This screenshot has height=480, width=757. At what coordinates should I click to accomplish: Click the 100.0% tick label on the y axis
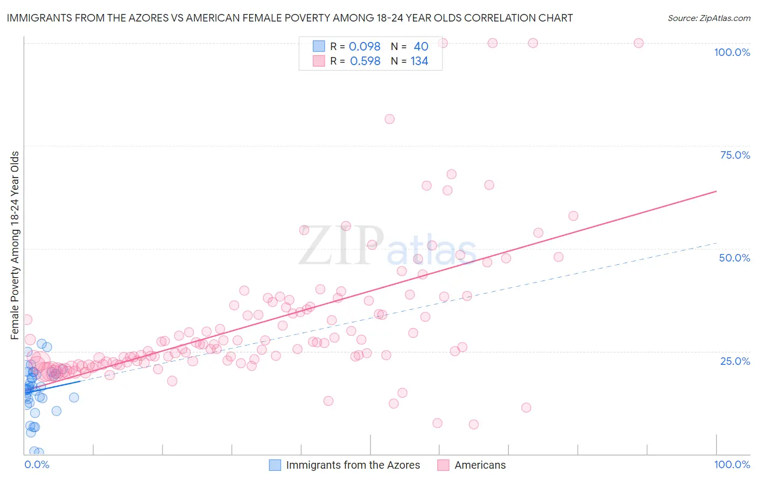click(732, 52)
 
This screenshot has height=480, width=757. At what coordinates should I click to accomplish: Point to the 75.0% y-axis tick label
click(735, 155)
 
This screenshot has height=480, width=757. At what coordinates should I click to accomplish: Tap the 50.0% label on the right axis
click(734, 258)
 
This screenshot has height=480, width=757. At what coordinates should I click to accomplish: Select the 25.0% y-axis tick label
click(735, 361)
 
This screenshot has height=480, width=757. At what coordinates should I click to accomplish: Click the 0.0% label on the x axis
click(37, 464)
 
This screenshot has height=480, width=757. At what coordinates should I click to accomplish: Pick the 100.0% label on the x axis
click(732, 464)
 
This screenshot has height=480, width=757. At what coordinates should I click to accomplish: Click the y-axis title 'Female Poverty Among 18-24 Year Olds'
click(15, 245)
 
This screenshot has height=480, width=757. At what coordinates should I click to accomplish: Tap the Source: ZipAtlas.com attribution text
click(709, 18)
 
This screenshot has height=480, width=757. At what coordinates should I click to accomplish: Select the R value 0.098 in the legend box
click(365, 47)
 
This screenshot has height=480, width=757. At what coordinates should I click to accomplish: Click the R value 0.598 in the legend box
click(365, 61)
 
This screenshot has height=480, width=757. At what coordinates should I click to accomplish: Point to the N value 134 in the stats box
click(419, 61)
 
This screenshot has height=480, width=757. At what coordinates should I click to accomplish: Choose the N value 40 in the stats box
click(420, 47)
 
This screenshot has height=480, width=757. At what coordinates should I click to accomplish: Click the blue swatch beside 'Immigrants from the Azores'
click(275, 465)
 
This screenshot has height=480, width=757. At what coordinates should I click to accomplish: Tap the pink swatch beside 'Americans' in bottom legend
click(443, 465)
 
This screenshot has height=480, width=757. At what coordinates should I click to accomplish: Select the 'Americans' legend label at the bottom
click(480, 465)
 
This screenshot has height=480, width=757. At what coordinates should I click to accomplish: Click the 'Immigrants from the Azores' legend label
click(353, 465)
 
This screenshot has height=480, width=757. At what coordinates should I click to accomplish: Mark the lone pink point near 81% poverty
click(389, 119)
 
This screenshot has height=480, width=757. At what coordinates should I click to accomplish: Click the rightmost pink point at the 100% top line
click(639, 43)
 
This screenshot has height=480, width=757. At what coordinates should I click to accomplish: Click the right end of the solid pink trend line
click(716, 191)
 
